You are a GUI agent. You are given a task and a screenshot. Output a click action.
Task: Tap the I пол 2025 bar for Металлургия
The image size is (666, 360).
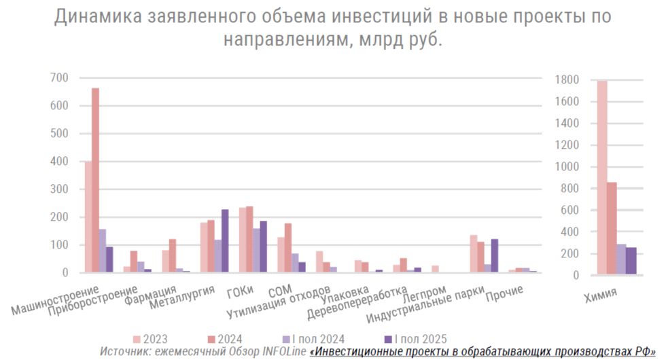225,241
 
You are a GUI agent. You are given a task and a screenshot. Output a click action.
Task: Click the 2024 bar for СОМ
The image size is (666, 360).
287,248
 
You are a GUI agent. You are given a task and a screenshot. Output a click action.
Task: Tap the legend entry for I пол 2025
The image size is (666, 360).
415,339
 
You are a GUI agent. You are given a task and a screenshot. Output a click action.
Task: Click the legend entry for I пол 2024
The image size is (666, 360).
312,339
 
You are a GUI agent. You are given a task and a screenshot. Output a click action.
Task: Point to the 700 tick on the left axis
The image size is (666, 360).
59,78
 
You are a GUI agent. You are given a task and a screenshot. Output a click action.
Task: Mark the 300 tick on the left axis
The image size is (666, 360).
59,190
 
